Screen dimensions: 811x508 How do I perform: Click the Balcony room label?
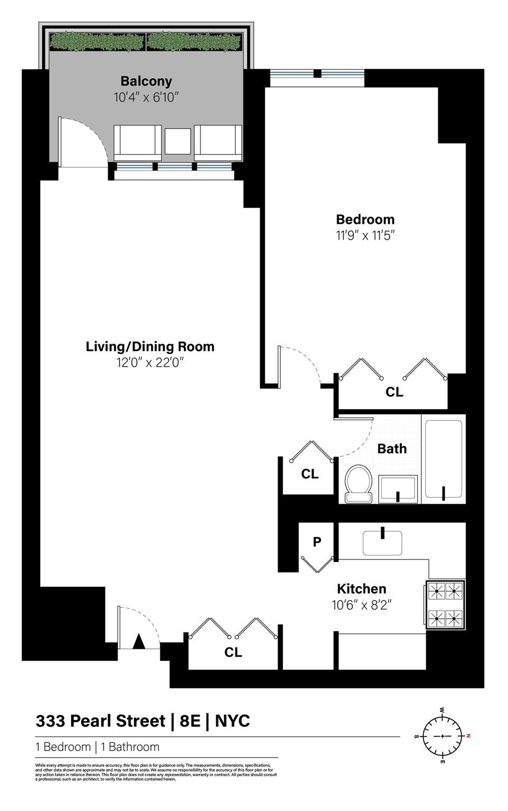coord(146,81)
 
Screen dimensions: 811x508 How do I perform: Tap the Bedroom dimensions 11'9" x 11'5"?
coord(365,235)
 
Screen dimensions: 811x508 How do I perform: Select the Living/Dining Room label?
coord(150,347)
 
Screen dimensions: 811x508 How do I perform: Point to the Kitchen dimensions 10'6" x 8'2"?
coord(362,605)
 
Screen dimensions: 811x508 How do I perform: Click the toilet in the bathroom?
coord(358,483)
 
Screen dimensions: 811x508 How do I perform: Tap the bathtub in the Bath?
coord(444,459)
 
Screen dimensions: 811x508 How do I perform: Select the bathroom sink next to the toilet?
coord(398,489)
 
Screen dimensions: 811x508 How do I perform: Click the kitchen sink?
coord(382,542)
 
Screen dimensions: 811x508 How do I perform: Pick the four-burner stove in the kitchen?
coord(445,605)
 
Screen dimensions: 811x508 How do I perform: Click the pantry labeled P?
coord(317,542)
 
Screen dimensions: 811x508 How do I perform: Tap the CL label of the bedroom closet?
coord(394,392)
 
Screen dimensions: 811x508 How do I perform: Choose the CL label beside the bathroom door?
coord(309,474)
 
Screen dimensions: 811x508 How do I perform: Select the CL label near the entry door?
coord(233,653)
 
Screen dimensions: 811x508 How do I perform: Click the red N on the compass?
coord(468,735)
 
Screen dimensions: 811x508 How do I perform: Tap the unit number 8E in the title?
coord(190,721)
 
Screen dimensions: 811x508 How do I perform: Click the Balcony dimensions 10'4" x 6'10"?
coord(146,97)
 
